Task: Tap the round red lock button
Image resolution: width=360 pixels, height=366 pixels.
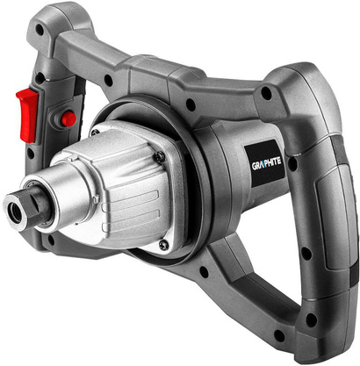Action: pyautogui.click(x=68, y=118)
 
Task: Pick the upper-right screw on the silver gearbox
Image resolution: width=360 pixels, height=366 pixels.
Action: pyautogui.click(x=159, y=156)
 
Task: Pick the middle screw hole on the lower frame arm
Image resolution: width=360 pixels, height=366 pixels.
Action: pyautogui.click(x=205, y=271)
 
